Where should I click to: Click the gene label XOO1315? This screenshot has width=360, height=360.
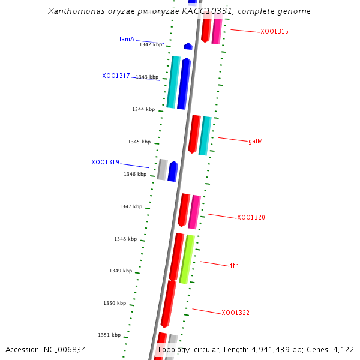click(274, 32)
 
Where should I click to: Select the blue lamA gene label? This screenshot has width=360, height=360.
click(127, 40)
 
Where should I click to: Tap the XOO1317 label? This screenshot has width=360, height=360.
click(116, 76)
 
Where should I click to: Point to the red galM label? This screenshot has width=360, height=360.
click(256, 142)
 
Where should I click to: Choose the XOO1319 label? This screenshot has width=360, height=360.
click(105, 163)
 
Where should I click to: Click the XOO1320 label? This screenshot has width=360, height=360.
click(251, 218)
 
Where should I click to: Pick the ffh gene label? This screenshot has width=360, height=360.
click(234, 265)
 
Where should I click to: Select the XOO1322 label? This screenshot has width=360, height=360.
click(235, 313)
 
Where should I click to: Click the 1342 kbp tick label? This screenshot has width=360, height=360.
click(150, 44)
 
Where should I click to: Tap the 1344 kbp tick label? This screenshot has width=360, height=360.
click(143, 109)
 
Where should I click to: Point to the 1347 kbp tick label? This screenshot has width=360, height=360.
click(131, 206)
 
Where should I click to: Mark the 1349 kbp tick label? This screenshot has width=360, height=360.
click(121, 271)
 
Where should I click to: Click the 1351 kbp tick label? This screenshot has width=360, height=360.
click(109, 335)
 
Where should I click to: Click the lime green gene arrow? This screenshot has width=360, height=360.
click(187, 259)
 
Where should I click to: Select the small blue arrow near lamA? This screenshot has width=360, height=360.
click(188, 46)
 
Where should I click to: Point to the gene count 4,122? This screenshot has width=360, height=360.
click(343, 350)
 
